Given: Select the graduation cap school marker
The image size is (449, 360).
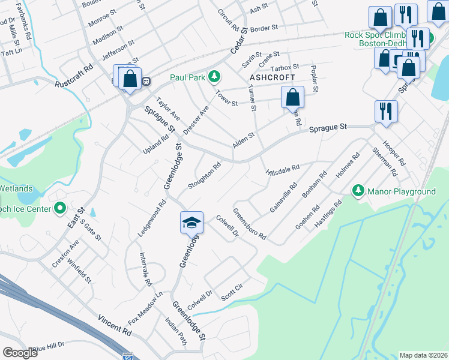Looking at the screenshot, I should pyautogui.click(x=192, y=223).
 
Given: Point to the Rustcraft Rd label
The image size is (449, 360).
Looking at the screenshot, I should pyautogui.click(x=74, y=76).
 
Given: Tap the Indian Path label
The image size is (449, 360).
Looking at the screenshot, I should pyautogui.click(x=176, y=331).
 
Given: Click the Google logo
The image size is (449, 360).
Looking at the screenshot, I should pyautogui.click(x=20, y=353).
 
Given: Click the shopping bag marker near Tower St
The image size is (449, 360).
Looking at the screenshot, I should pyautogui.click(x=292, y=98).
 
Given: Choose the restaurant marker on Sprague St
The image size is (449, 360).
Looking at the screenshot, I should pyautogui.click(x=386, y=112).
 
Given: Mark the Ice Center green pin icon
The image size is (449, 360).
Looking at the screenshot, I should pyautogui.click(x=60, y=208).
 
